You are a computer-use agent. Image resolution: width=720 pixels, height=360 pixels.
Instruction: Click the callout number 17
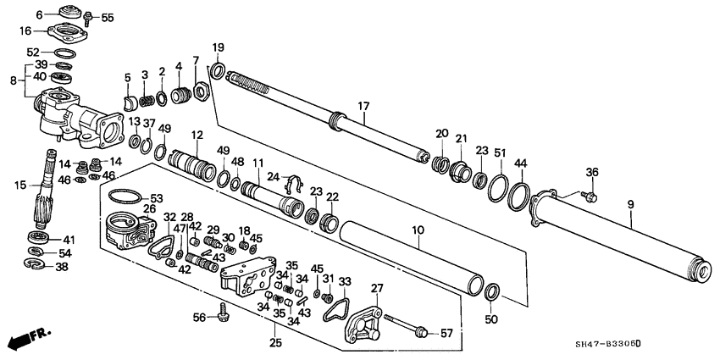363,106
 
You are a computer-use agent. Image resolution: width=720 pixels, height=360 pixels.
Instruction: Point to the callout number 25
274,342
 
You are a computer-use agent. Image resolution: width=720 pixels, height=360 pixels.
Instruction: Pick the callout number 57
447,333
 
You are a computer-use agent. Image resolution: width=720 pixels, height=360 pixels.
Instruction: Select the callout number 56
199,317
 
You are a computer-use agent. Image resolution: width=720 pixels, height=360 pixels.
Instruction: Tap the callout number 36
592,173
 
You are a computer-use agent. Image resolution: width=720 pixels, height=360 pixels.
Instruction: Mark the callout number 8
10,81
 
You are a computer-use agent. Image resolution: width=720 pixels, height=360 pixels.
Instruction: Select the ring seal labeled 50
491,293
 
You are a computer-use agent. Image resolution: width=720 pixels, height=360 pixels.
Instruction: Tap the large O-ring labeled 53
124,196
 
